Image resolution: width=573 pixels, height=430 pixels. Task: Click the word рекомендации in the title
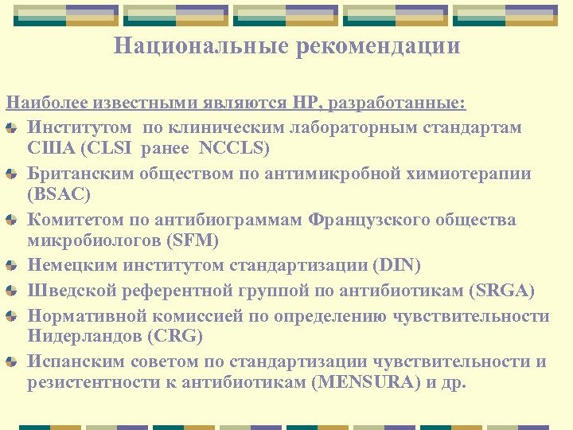click(x=379, y=46)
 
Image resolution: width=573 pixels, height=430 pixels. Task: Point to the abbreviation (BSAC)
click(x=59, y=194)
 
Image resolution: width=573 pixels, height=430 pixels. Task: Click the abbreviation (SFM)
click(x=190, y=240)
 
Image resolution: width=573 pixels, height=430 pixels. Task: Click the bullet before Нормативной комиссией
click(x=12, y=317)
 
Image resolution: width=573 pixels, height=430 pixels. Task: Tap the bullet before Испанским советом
click(x=12, y=362)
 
